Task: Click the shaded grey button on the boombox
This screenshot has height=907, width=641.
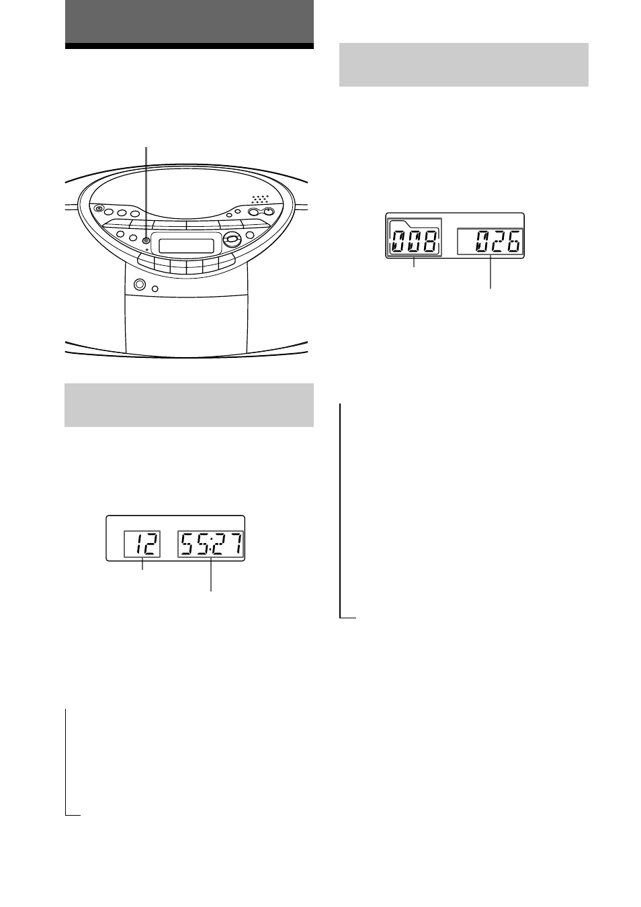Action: [x=146, y=240]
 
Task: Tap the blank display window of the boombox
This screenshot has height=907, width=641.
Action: [x=186, y=246]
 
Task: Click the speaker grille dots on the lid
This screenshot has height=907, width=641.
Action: [x=260, y=199]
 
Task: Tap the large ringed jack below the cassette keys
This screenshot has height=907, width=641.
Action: [x=139, y=285]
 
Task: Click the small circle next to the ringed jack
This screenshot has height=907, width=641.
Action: [x=155, y=289]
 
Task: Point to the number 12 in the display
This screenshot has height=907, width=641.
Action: [x=145, y=544]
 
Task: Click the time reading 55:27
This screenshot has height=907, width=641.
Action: [x=211, y=544]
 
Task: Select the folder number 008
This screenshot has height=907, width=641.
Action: [x=414, y=241]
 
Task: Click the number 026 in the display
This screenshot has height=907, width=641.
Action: [x=498, y=241]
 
